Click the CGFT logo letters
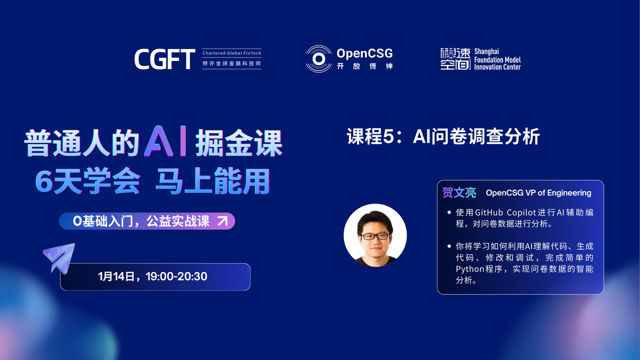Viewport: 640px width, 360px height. click(x=165, y=59)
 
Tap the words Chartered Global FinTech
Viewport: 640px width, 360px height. click(x=231, y=53)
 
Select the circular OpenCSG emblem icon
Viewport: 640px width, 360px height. click(x=318, y=59)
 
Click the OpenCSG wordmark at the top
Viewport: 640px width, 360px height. click(x=364, y=53)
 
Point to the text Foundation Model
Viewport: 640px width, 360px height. click(x=497, y=59)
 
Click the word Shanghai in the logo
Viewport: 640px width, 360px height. click(x=486, y=51)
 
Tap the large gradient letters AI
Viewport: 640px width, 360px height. click(x=165, y=141)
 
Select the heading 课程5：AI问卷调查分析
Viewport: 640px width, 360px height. click(x=443, y=136)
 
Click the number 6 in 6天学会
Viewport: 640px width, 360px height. click(x=43, y=181)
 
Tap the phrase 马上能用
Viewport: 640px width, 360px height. click(x=213, y=181)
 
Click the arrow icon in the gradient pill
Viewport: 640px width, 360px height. click(x=222, y=221)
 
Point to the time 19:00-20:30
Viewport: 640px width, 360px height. click(x=176, y=276)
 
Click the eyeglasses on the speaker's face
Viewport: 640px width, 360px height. click(x=375, y=236)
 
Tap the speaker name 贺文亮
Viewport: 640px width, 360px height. click(x=459, y=192)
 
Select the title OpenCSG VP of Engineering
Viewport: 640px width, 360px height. click(x=538, y=193)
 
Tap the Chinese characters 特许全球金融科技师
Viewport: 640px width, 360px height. click(x=231, y=63)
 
